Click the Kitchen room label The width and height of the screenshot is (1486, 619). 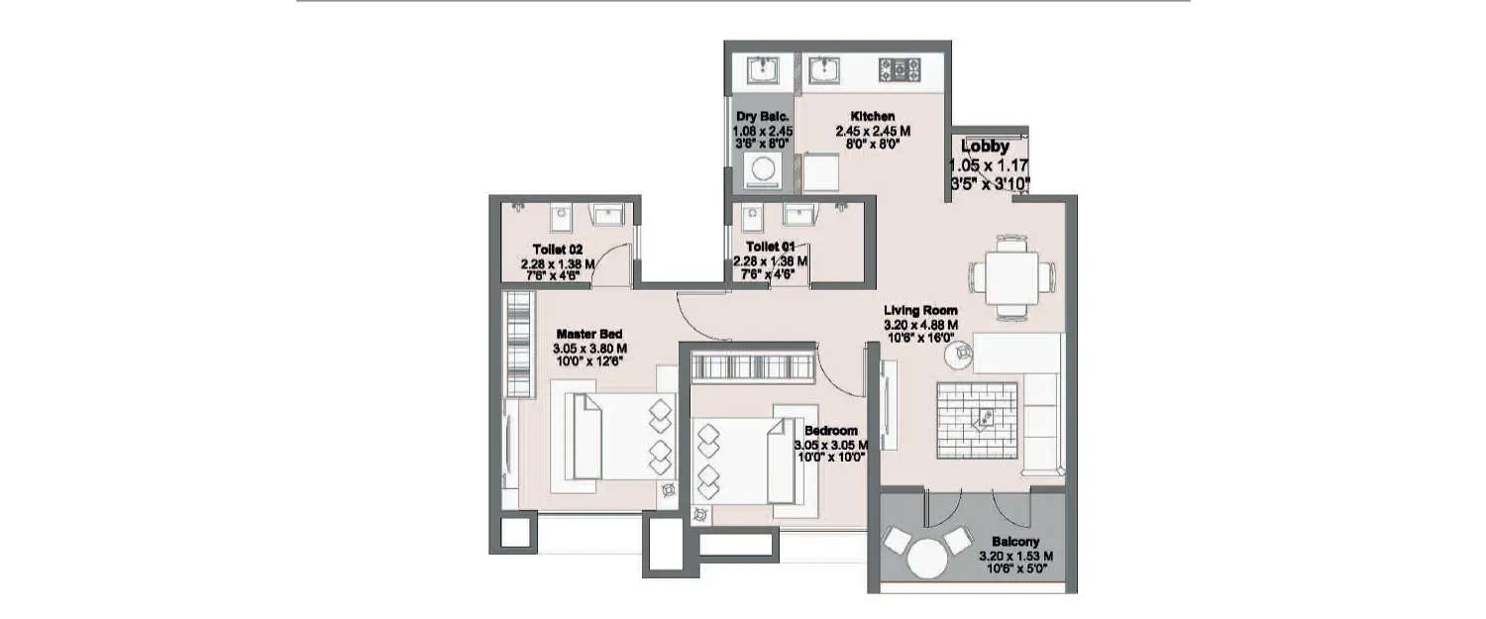click(x=873, y=116)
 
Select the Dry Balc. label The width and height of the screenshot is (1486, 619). click(x=761, y=117)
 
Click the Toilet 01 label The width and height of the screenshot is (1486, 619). click(x=770, y=246)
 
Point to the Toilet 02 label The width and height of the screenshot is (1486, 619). click(x=557, y=250)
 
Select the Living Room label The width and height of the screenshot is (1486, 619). click(x=920, y=310)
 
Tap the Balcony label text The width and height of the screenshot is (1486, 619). click(x=1015, y=542)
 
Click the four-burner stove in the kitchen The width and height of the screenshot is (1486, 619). click(x=899, y=69)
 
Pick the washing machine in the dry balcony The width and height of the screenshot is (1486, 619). click(x=762, y=168)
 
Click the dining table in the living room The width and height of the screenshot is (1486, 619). click(x=1005, y=275)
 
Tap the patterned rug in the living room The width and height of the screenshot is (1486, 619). click(x=978, y=420)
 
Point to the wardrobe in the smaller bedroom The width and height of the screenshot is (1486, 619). click(x=749, y=367)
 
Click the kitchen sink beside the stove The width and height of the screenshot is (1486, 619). click(x=825, y=69)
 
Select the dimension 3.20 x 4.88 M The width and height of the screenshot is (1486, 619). click(x=920, y=324)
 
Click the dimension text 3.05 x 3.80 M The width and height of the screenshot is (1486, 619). click(x=589, y=349)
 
